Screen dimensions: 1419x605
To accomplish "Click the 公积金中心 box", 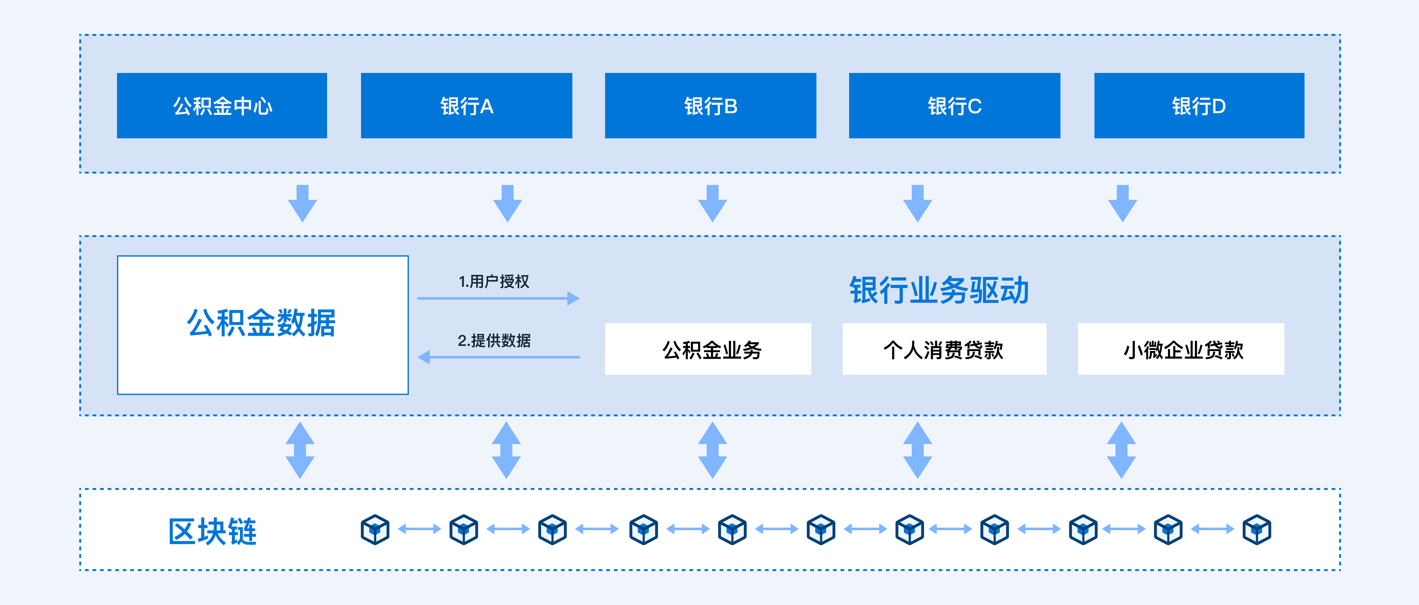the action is [x=222, y=105].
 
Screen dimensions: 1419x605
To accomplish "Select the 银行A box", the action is [x=467, y=105].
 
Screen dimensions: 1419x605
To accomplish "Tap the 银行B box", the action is [x=711, y=105].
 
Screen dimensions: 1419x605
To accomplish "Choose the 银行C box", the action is [x=954, y=105].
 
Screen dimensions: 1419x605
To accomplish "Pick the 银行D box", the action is [x=1199, y=105].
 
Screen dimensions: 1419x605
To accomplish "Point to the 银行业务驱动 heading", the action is [x=939, y=290].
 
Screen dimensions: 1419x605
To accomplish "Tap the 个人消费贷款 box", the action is [x=944, y=349].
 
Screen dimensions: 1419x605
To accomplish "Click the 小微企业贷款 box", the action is [x=1181, y=349].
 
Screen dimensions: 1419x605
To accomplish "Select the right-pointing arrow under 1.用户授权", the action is [x=498, y=298].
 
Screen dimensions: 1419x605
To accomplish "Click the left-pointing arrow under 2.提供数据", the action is [x=498, y=357].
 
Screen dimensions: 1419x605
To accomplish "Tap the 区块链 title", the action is [x=213, y=531].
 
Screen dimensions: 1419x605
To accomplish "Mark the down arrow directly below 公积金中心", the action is [x=303, y=203].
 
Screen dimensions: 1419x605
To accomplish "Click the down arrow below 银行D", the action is [x=1123, y=203].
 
